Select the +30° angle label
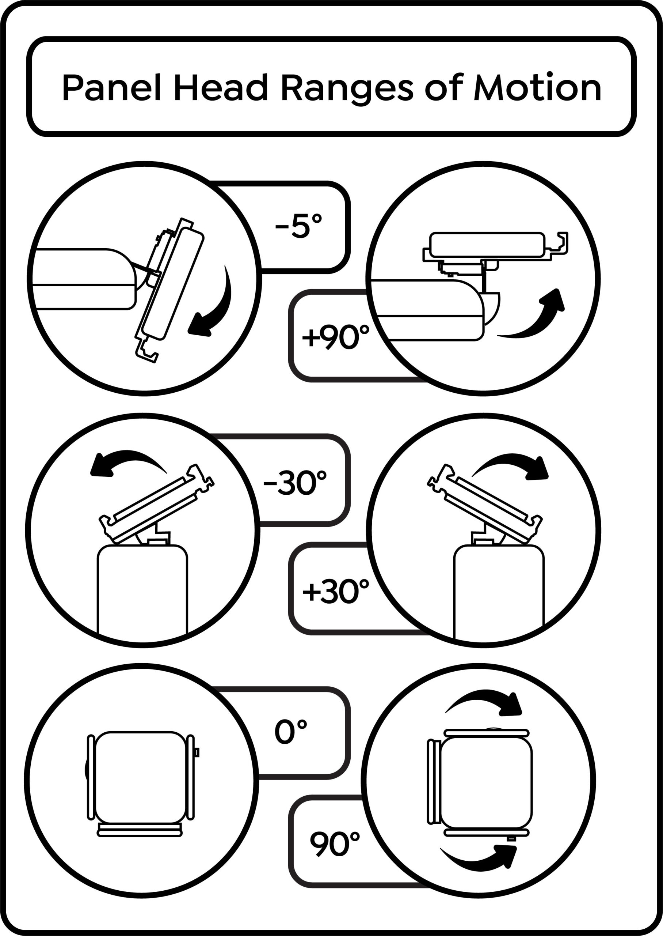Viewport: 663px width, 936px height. coord(336,591)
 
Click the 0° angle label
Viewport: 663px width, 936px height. coord(291,732)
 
